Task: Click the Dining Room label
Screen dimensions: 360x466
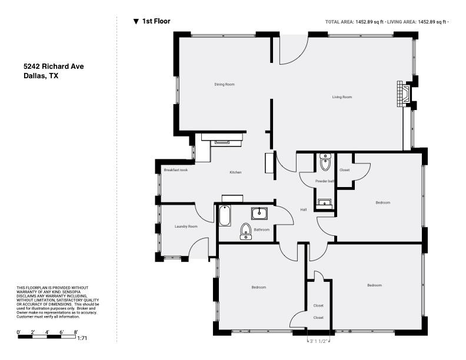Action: coord(224,85)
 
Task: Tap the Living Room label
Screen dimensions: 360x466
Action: coord(342,97)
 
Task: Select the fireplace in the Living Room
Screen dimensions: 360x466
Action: coord(404,94)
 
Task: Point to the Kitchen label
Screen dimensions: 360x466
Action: coord(235,172)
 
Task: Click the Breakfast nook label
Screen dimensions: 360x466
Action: coord(175,170)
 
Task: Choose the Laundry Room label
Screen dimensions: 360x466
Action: coord(185,226)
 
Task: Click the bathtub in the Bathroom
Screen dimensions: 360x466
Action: coord(224,216)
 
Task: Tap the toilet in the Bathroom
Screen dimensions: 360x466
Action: coord(245,231)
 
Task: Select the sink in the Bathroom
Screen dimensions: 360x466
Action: coord(259,213)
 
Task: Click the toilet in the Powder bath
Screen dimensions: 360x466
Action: coord(325,162)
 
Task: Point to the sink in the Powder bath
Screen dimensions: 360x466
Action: coord(324,204)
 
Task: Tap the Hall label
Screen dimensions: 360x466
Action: coord(304,210)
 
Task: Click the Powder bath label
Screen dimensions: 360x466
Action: coord(325,181)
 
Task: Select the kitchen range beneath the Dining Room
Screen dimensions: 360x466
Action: coord(222,139)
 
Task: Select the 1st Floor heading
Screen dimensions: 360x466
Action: coord(156,21)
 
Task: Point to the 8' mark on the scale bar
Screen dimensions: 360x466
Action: coord(76,332)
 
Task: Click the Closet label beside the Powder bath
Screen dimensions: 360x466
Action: coord(344,170)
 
